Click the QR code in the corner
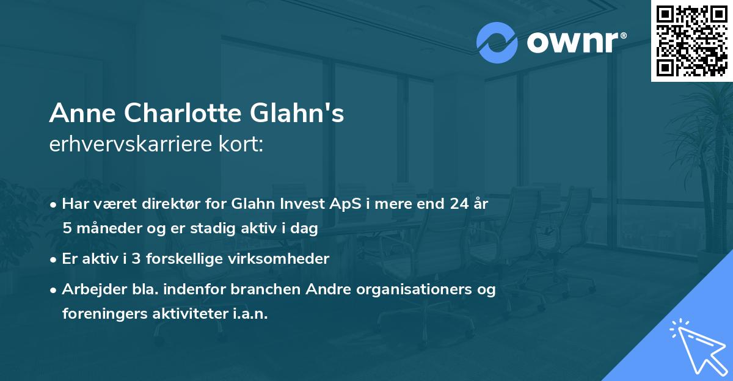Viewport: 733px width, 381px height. tap(692, 40)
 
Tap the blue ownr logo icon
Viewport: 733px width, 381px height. tap(497, 43)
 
